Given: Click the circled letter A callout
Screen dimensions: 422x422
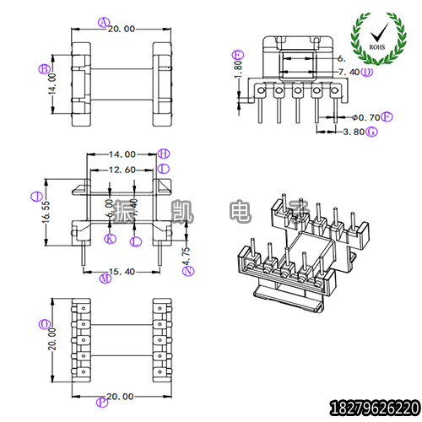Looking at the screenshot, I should click(103, 22).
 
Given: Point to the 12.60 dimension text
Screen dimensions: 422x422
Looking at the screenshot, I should click(122, 170).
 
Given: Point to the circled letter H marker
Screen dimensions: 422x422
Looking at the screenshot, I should click(164, 154).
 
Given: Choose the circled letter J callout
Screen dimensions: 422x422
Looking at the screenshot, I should click(35, 197).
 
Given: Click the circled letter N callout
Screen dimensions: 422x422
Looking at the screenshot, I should click(188, 270).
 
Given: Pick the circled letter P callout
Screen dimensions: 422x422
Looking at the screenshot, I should click(103, 402).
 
